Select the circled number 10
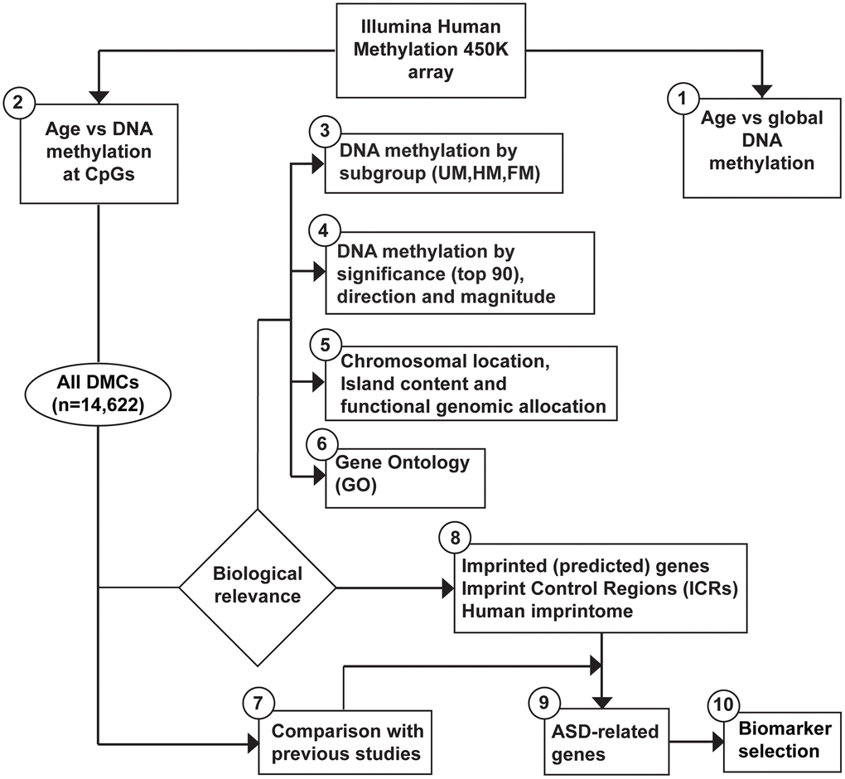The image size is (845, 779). (x=722, y=706)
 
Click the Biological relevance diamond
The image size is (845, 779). (x=258, y=586)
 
